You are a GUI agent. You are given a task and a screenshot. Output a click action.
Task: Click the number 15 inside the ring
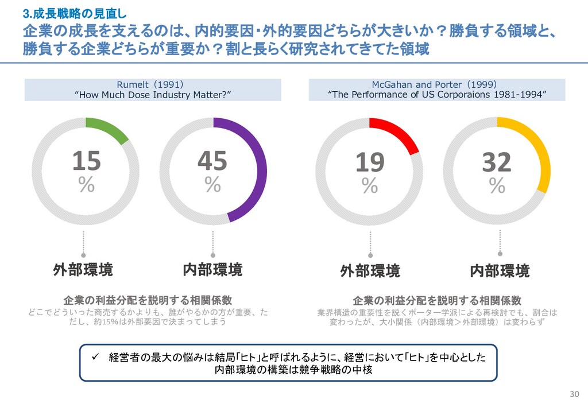point(86,161)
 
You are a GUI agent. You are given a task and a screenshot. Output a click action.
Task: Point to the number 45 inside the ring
point(212,161)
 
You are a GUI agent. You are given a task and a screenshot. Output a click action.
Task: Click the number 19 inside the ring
point(370,162)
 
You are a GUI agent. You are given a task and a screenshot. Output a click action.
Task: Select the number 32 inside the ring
point(497,162)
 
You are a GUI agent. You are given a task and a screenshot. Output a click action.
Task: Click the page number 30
point(574,394)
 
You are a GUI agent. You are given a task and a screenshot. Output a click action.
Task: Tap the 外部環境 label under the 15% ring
point(83,269)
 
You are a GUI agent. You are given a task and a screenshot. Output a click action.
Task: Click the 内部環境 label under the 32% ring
point(500,270)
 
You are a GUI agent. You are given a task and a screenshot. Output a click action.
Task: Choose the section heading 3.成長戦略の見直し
point(75,14)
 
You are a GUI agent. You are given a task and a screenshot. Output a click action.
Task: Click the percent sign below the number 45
point(212,184)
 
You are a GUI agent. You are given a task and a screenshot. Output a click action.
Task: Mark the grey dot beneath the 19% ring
point(370,255)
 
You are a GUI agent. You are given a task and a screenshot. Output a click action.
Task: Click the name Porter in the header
point(448,85)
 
